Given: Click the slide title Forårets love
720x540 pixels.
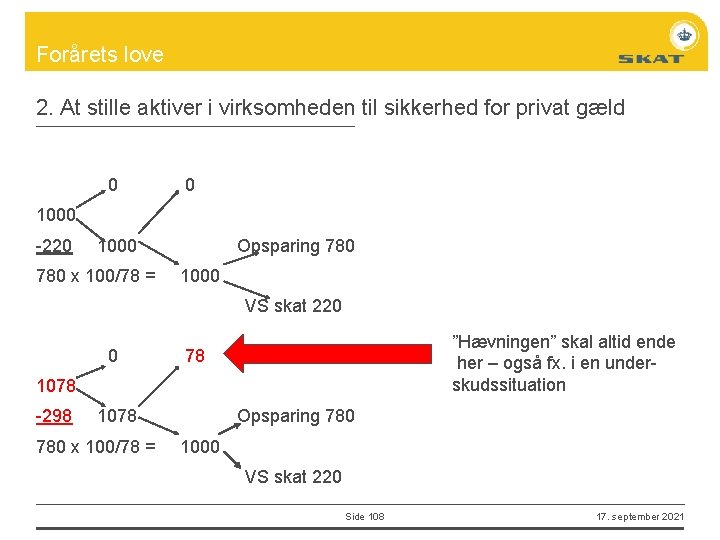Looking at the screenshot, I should tap(99, 54).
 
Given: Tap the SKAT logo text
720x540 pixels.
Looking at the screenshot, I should tap(650, 58).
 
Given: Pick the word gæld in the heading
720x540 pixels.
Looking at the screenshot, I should tap(601, 108).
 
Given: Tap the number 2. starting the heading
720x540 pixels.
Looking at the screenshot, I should tap(44, 108).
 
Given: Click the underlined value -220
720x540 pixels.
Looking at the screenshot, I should tap(53, 246).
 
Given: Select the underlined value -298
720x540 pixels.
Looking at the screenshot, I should tap(53, 416).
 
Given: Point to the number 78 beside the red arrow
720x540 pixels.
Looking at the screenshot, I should tap(195, 356).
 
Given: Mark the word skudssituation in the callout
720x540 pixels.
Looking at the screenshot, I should tap(508, 385).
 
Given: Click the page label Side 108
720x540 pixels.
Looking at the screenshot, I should tap(364, 516).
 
